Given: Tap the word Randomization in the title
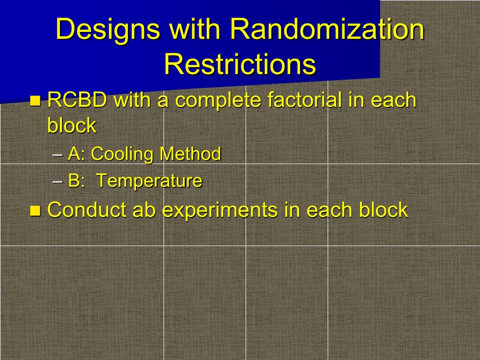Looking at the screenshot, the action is pos(327,29).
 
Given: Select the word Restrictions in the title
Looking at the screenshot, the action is pos(240,64).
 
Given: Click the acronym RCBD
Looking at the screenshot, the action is pos(77,100).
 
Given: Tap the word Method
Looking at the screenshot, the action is pos(190,153).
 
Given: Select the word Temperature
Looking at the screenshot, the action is pos(150,180).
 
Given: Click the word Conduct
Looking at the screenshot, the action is pos(87,210).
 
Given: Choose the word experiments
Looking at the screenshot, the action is pos(220,210).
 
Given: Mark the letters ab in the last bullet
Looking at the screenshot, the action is pos(144,210).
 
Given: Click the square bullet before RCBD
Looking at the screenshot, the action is pos(36,100).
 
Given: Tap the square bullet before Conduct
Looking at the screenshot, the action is pos(36,210).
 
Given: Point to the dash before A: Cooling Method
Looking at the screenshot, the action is pos(57,155).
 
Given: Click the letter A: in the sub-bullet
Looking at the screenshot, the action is pos(76,153).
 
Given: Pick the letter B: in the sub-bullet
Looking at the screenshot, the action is pos(76,180).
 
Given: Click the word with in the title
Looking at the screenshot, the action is pos(195,29).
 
